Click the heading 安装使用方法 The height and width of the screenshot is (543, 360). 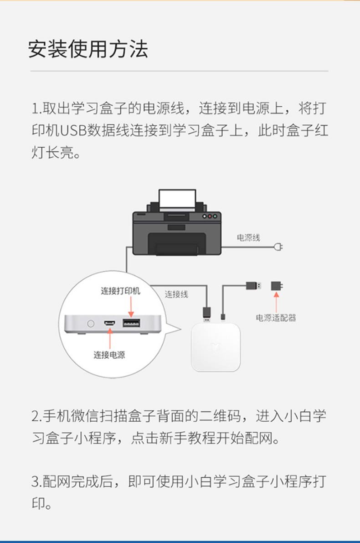click(x=88, y=49)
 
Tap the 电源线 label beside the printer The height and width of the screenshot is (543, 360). click(x=248, y=238)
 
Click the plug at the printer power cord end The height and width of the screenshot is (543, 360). click(x=278, y=247)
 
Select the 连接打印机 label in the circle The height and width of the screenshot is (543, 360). click(x=120, y=290)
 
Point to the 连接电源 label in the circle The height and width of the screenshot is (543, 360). click(x=109, y=355)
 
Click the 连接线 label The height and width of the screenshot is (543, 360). click(x=176, y=295)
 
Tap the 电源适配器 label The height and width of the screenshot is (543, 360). click(x=276, y=318)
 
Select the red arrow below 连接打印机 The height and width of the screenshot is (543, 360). click(x=131, y=307)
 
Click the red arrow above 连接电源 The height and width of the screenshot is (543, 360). click(x=110, y=338)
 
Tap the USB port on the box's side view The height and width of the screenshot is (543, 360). click(x=132, y=323)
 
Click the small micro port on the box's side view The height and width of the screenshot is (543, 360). click(x=110, y=323)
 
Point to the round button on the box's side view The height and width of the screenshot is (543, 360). click(x=91, y=323)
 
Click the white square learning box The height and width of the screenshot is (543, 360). click(x=216, y=347)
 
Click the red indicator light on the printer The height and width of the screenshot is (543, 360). click(x=210, y=216)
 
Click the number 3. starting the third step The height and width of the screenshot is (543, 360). click(x=36, y=481)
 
